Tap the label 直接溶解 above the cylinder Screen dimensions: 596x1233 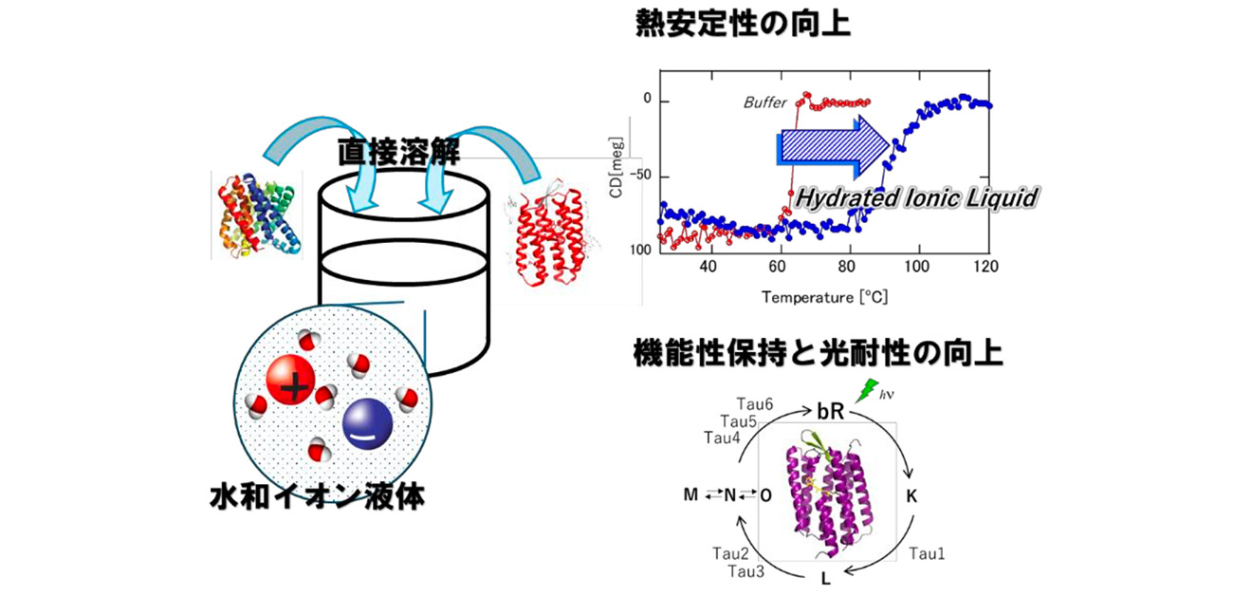[x=398, y=153]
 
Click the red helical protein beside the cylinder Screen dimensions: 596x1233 [x=553, y=238]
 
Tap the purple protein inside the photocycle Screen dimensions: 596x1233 [x=823, y=489]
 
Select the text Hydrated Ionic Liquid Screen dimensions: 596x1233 [x=916, y=197]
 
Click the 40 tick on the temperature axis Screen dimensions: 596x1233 [x=708, y=267]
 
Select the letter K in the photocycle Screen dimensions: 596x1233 [x=911, y=494]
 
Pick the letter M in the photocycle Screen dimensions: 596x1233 [x=690, y=494]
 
